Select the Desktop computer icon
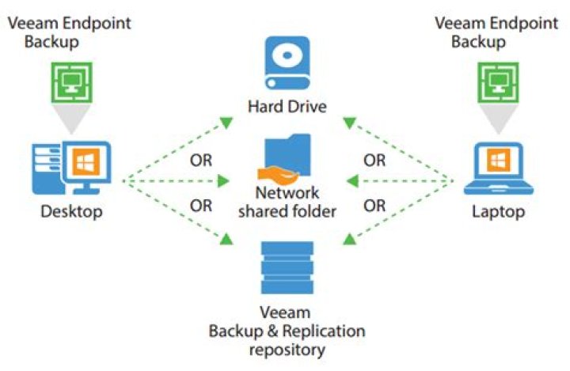71,168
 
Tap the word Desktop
71,212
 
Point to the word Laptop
500,212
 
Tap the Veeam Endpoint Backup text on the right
496,32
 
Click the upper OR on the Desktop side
201,161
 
